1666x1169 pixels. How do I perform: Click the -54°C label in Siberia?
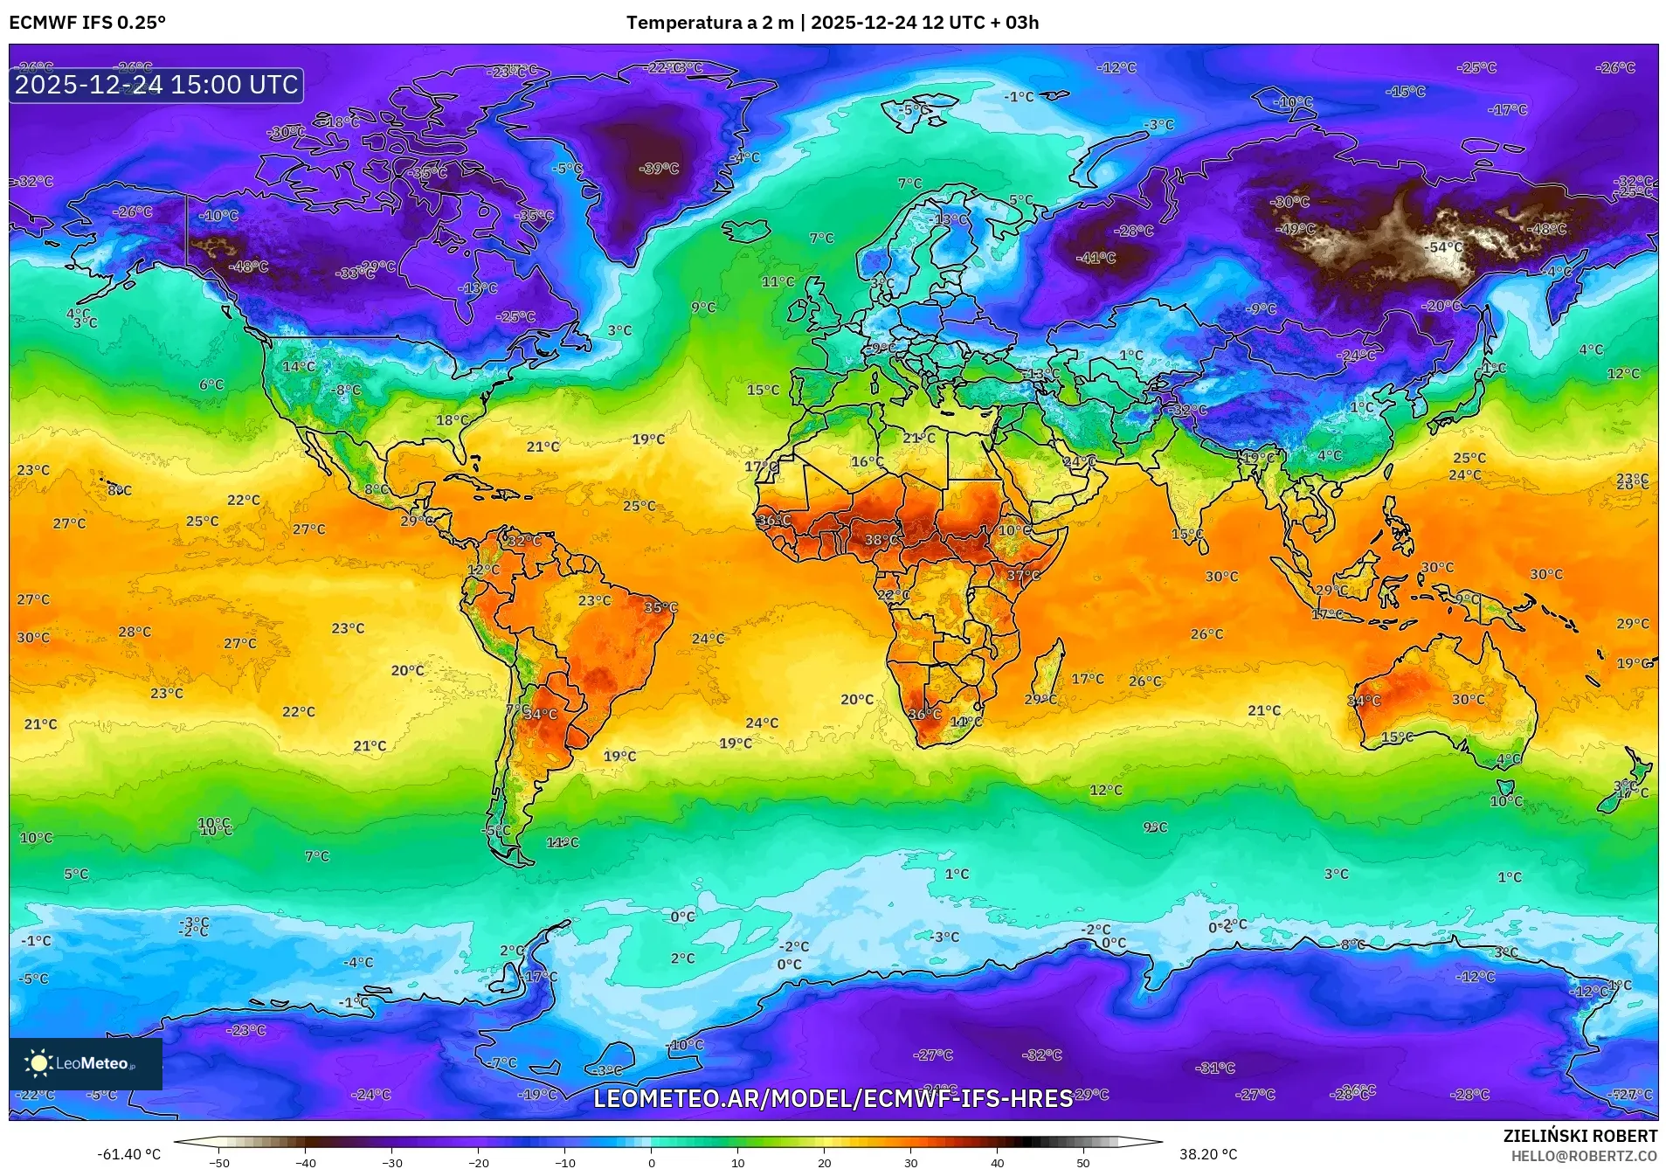click(x=1444, y=248)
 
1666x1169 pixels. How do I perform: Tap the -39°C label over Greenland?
click(x=659, y=169)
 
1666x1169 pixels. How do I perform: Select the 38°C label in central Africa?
click(x=881, y=540)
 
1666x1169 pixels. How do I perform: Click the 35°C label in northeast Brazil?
click(x=660, y=608)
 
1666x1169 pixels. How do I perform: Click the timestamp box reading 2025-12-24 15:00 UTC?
click(x=156, y=85)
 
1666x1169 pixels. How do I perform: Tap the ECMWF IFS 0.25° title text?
click(x=87, y=23)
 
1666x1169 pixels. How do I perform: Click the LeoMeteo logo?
click(x=85, y=1063)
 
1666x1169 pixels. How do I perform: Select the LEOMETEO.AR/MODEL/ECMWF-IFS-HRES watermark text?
click(x=833, y=1099)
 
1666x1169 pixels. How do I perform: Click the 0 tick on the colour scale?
click(x=651, y=1163)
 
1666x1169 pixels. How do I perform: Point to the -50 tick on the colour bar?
click(x=220, y=1163)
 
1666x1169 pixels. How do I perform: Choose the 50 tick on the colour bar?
click(x=1082, y=1163)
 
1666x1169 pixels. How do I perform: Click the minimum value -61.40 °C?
click(x=129, y=1154)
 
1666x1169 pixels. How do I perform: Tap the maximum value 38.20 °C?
click(x=1207, y=1154)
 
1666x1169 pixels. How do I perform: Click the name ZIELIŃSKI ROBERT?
click(x=1580, y=1137)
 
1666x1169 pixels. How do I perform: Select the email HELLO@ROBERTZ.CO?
click(x=1584, y=1156)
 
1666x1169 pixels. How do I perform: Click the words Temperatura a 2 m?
click(x=709, y=23)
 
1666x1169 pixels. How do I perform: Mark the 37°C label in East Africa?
click(x=1023, y=576)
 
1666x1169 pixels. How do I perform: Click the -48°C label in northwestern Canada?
click(x=249, y=266)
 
